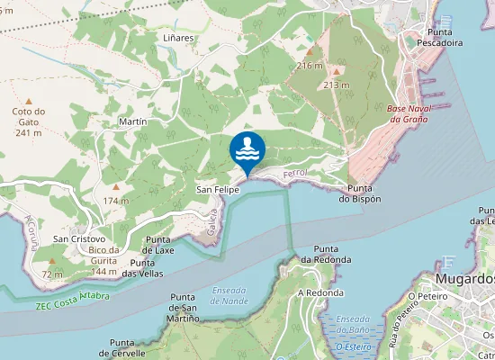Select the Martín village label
[132, 121]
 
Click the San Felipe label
[218, 191]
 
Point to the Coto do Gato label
[29, 121]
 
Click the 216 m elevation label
[310, 66]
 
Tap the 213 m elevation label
[336, 85]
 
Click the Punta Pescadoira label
[441, 34]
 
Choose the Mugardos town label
[467, 279]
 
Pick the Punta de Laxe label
[160, 245]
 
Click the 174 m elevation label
[116, 200]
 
